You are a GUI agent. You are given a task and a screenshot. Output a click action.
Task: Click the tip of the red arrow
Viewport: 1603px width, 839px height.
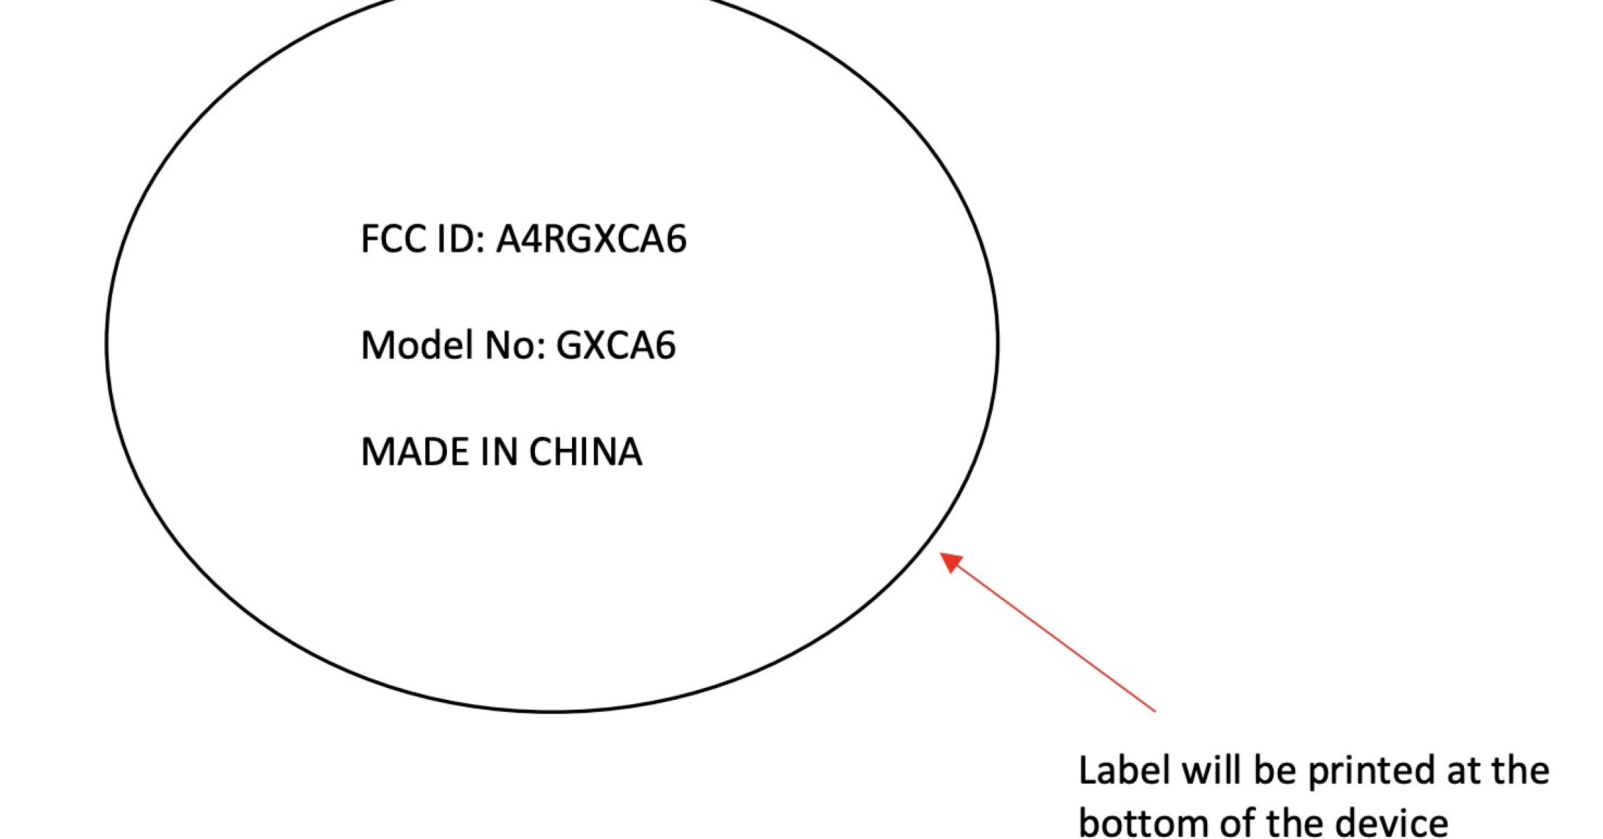tap(941, 553)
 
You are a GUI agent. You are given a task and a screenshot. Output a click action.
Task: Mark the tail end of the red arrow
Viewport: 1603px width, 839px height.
tap(1155, 711)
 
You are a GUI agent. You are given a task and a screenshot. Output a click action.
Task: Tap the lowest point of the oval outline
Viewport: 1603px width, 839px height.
tap(553, 711)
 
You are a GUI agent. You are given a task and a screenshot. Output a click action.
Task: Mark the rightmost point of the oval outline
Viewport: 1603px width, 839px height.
tap(997, 343)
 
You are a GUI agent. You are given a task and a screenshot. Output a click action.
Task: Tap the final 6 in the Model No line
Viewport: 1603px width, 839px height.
tap(665, 345)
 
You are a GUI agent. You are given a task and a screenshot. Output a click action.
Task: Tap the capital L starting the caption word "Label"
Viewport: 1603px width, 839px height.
tap(1088, 770)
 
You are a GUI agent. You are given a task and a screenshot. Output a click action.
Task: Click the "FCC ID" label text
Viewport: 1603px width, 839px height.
tap(420, 239)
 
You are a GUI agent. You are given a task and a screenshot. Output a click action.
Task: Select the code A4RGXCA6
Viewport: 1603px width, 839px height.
tap(592, 239)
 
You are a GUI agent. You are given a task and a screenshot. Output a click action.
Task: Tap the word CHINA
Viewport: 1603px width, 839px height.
tap(585, 452)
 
